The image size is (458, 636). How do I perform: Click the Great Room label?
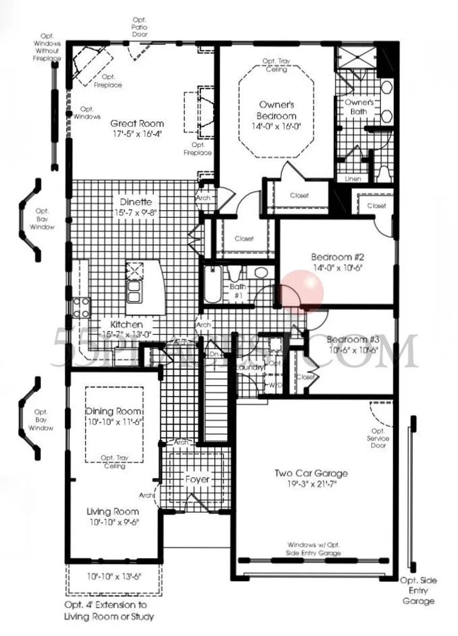(137, 123)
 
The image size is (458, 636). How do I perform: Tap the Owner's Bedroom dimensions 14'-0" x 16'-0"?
(276, 127)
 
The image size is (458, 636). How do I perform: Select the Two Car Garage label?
(311, 473)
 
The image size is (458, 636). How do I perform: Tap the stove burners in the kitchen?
(81, 307)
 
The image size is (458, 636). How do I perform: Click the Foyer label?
(197, 479)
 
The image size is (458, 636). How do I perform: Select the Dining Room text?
(114, 411)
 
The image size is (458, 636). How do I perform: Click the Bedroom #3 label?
(353, 340)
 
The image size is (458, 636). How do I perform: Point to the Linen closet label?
(353, 179)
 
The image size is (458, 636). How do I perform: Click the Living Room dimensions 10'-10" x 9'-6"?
(112, 522)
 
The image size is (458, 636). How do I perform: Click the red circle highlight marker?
(302, 290)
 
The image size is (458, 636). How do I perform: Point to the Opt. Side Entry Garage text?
(418, 590)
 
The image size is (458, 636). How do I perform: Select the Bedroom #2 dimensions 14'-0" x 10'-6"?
(337, 268)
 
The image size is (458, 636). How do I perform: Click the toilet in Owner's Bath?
(384, 174)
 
